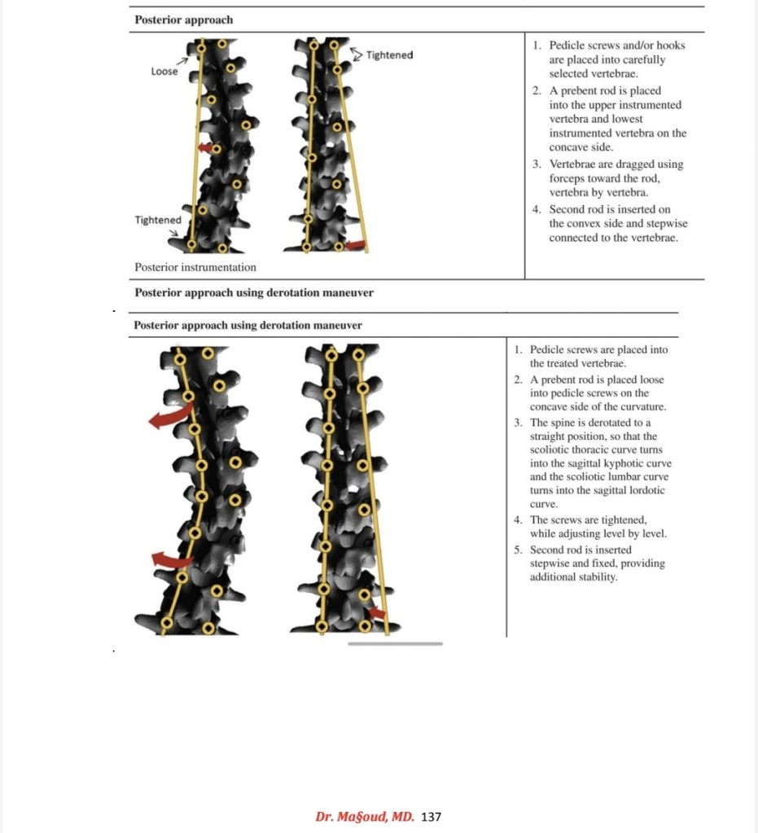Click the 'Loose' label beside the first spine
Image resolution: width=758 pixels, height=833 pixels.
tap(164, 72)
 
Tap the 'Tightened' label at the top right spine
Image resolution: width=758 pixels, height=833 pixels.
tap(389, 55)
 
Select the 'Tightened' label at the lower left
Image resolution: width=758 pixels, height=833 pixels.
tap(158, 221)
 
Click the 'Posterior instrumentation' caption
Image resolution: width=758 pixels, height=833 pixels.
tap(195, 267)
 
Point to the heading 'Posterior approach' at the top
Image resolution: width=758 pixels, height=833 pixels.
tap(183, 20)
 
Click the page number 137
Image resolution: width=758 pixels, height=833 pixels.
tap(432, 816)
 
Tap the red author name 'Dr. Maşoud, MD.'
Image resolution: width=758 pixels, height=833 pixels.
tap(365, 816)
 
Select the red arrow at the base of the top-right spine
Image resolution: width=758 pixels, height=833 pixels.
tap(355, 243)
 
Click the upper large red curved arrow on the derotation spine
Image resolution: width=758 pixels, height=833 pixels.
tap(169, 417)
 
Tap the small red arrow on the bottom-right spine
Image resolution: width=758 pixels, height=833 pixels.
tap(376, 612)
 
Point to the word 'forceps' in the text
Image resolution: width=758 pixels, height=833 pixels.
tap(567, 178)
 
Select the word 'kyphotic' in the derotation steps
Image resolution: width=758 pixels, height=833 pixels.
tap(623, 463)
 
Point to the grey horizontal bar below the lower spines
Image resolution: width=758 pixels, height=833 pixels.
tap(395, 643)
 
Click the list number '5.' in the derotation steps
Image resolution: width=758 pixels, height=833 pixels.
tap(519, 550)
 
